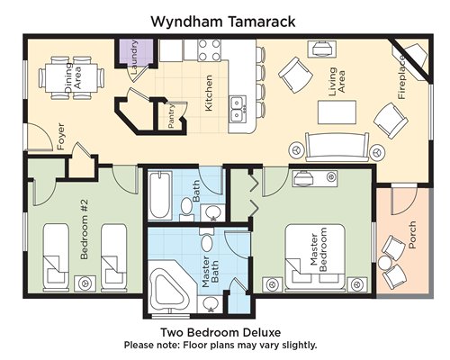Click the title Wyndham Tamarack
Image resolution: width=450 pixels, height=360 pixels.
coord(222,22)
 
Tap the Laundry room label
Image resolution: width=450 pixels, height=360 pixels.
coord(134,58)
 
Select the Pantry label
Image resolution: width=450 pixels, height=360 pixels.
coord(171,116)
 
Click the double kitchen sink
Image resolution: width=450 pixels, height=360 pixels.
coord(238,109)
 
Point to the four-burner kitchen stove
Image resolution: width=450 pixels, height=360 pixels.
coord(210,50)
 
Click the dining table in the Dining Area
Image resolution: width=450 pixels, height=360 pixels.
coord(72,78)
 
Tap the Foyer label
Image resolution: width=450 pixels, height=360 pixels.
coord(60,137)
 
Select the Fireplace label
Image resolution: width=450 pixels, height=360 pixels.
coord(401,77)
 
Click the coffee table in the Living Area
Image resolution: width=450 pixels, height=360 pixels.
coord(337,112)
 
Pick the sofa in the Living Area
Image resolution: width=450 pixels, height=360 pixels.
coord(337,148)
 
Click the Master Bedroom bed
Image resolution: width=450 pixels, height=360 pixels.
coord(314,257)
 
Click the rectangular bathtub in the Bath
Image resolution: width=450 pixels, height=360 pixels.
coord(160,194)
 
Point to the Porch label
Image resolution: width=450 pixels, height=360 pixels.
coord(412,235)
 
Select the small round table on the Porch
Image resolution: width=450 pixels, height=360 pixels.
coord(384,263)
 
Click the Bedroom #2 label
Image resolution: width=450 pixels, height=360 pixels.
coord(85,229)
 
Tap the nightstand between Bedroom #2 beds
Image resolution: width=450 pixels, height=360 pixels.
coord(85,283)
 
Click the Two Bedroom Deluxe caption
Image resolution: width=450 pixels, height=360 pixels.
coord(220,332)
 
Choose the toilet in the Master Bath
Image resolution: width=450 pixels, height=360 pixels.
coord(207,239)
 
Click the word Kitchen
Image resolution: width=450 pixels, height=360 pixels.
coord(208,93)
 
